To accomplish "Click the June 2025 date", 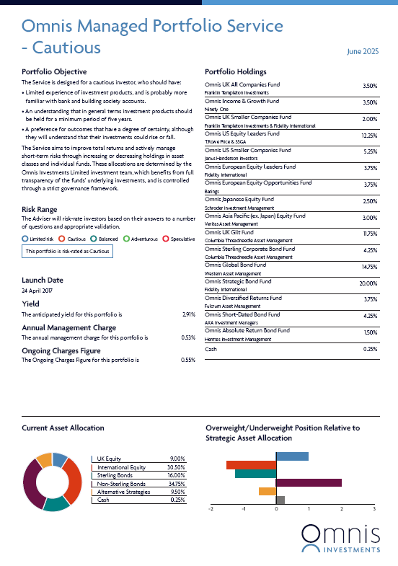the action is (x=363, y=52).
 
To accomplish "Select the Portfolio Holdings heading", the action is (x=236, y=72).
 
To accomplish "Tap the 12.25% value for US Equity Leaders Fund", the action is (x=369, y=136).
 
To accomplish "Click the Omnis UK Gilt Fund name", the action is (x=229, y=232).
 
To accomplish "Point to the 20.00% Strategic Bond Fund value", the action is (x=368, y=284).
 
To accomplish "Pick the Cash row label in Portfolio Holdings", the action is (x=211, y=349).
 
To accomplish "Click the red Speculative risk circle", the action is (x=166, y=239).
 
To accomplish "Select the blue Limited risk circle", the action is (x=25, y=239).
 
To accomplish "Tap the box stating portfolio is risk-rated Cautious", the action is (x=68, y=251).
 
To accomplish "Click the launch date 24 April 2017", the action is (x=37, y=291).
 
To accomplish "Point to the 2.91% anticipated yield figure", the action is (x=189, y=315).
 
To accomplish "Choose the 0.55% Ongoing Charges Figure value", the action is (x=188, y=361).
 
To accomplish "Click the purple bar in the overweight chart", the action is (x=309, y=482).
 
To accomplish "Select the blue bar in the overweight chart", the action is (x=292, y=456).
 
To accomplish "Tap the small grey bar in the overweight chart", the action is (x=280, y=500).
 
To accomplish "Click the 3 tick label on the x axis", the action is (x=374, y=509).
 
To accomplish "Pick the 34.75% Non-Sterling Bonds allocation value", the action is (x=177, y=484).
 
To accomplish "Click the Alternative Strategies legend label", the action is (x=123, y=492).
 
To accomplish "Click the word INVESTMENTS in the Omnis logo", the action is (x=352, y=550).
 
